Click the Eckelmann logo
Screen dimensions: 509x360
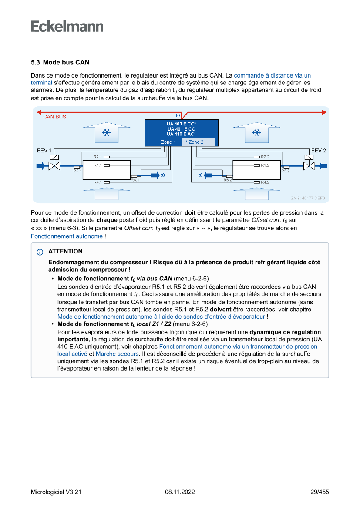(x=67, y=27)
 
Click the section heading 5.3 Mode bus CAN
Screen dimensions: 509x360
(x=60, y=63)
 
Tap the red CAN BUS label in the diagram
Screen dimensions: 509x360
(x=54, y=117)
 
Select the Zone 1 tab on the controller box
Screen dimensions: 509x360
(x=168, y=142)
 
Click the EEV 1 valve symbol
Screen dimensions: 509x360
(x=54, y=165)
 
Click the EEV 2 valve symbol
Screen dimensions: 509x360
(x=309, y=165)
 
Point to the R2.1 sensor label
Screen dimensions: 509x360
(x=98, y=156)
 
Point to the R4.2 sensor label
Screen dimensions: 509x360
(x=265, y=182)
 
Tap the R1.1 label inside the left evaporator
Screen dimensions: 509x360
(x=98, y=165)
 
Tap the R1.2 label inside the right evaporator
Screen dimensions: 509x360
(x=265, y=165)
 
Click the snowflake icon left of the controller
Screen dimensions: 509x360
(x=106, y=132)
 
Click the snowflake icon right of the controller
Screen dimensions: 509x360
(x=257, y=132)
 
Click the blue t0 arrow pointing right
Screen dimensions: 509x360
(x=155, y=175)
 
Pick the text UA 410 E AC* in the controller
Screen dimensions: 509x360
(x=181, y=134)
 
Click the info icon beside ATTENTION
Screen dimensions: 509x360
(x=40, y=252)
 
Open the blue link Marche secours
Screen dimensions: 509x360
(x=117, y=354)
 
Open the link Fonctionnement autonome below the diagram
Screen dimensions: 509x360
(x=67, y=236)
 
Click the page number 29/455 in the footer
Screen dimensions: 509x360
(x=320, y=492)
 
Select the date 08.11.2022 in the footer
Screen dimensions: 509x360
(x=180, y=492)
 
